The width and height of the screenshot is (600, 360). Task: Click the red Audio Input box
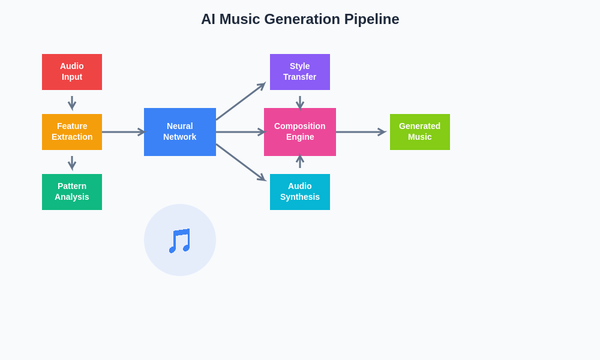point(72,72)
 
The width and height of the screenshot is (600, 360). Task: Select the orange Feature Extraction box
point(72,132)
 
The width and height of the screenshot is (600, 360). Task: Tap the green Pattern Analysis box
point(72,192)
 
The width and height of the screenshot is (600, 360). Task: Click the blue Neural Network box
point(180,132)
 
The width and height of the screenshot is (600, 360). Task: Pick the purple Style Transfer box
point(300,72)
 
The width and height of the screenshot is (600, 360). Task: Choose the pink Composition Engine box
point(300,132)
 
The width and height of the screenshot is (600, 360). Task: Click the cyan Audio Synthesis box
point(300,192)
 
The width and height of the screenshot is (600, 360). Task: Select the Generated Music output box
point(420,132)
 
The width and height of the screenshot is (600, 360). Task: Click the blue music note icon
point(179,240)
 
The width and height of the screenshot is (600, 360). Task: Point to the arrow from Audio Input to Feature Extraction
point(72,103)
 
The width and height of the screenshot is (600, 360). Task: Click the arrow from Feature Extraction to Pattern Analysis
point(72,163)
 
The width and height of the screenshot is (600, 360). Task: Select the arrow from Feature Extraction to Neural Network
point(123,132)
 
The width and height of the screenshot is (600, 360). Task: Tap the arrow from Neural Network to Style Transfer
point(240,102)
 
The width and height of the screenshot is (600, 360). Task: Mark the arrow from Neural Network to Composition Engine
point(240,132)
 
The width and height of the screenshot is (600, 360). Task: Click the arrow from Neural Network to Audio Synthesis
point(240,162)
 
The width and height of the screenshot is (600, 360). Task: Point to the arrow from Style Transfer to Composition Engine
point(300,103)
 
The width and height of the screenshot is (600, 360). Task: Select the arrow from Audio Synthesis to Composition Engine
point(300,161)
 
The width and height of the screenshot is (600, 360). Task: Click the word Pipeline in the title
point(371,19)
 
